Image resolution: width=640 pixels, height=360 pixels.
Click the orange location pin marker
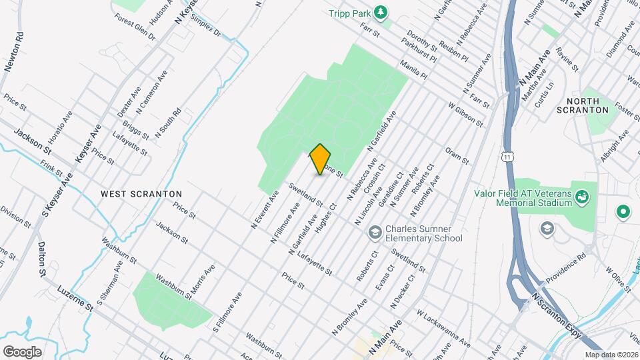pyautogui.click(x=320, y=159)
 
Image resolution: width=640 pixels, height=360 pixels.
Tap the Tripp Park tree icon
pyautogui.click(x=380, y=12)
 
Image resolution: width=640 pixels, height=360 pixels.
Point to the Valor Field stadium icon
pyautogui.click(x=583, y=196)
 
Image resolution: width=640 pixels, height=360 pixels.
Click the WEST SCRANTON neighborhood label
pyautogui.click(x=141, y=193)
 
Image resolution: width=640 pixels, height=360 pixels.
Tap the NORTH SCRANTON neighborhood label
pyautogui.click(x=587, y=105)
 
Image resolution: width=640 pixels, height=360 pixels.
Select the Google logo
pyautogui.click(x=22, y=351)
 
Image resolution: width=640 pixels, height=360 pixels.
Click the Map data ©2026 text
pyautogui.click(x=611, y=355)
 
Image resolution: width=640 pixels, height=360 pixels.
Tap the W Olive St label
pyautogui.click(x=618, y=279)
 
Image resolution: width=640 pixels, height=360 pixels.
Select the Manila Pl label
pyautogui.click(x=413, y=69)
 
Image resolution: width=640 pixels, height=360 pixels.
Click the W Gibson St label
pyautogui.click(x=465, y=113)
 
